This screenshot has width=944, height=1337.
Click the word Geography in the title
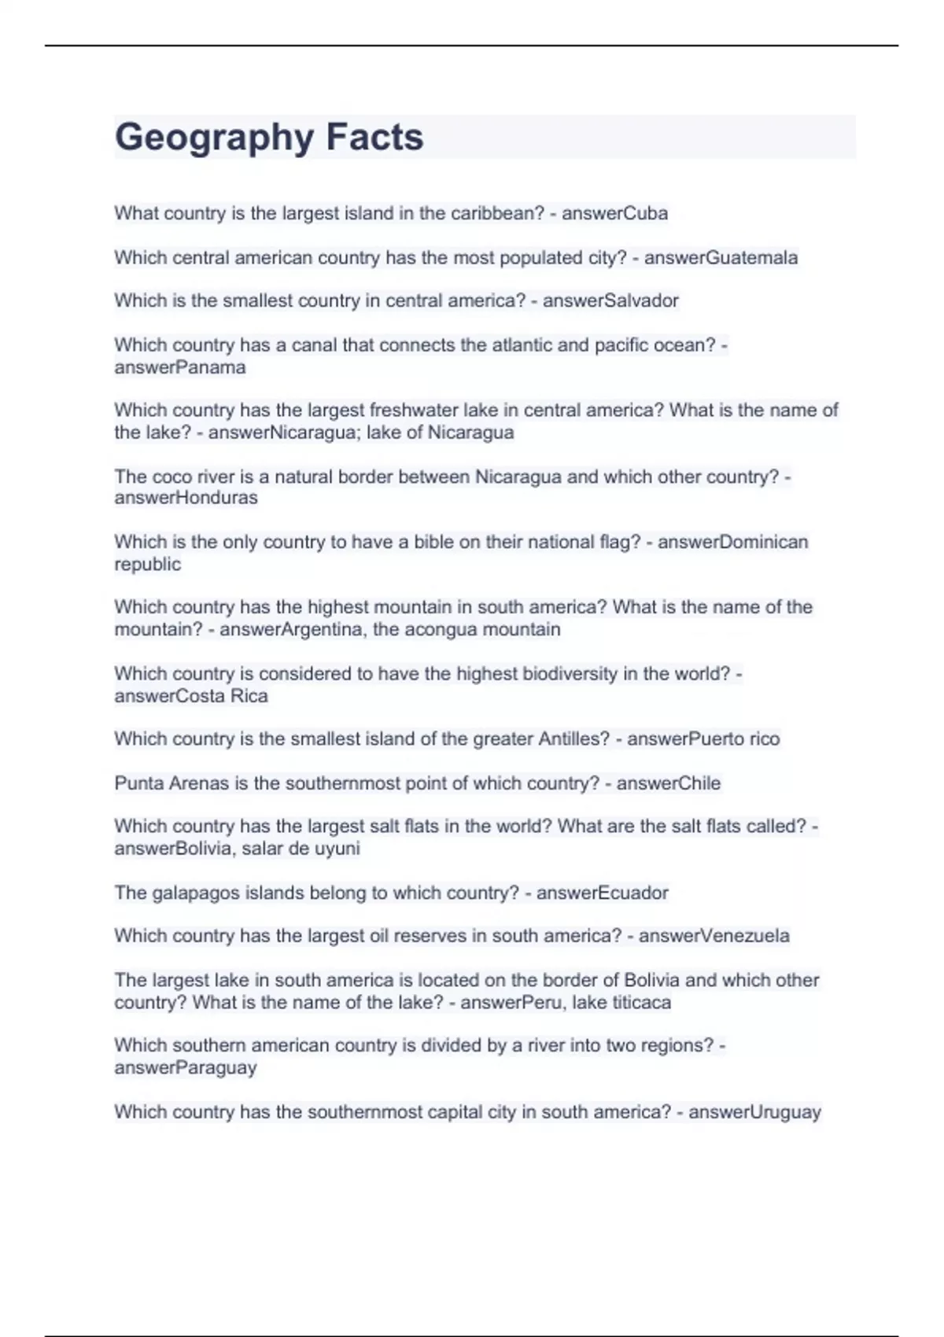tap(214, 138)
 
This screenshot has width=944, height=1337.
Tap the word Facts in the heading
tap(374, 138)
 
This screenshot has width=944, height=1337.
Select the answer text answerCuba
tap(614, 213)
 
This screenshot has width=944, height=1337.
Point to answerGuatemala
tap(721, 258)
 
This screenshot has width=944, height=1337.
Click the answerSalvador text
tap(610, 300)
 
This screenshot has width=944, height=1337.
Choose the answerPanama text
tap(180, 367)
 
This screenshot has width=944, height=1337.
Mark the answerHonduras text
tap(186, 498)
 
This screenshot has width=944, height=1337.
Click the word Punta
tap(138, 783)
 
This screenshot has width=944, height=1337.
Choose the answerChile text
tap(668, 783)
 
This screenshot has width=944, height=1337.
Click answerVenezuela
tap(714, 936)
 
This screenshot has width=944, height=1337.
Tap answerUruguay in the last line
tap(754, 1112)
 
